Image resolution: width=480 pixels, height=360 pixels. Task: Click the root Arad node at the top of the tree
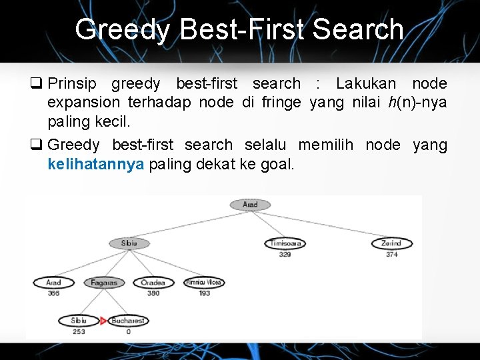point(250,205)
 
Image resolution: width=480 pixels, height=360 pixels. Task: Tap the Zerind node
point(391,244)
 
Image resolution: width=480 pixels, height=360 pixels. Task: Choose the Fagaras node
point(104,283)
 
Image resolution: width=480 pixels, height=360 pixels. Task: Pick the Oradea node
point(153,283)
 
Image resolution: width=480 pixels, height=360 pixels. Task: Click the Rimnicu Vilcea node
point(203,283)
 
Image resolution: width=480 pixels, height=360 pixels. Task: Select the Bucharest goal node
point(127,321)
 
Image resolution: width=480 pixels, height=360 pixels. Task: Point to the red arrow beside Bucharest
point(103,321)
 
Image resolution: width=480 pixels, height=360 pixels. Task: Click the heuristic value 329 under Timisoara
point(285,254)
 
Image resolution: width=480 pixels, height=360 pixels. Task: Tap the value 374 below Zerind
point(391,254)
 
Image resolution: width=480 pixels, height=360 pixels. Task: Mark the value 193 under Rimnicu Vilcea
point(204,293)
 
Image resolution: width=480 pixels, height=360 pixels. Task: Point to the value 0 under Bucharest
point(128,331)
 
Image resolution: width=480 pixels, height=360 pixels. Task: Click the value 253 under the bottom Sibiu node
point(79,331)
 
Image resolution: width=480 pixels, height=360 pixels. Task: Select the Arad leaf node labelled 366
point(53,283)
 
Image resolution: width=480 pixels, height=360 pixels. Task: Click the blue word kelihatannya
point(96,165)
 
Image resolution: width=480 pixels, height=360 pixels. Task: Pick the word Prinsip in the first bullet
point(72,84)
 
